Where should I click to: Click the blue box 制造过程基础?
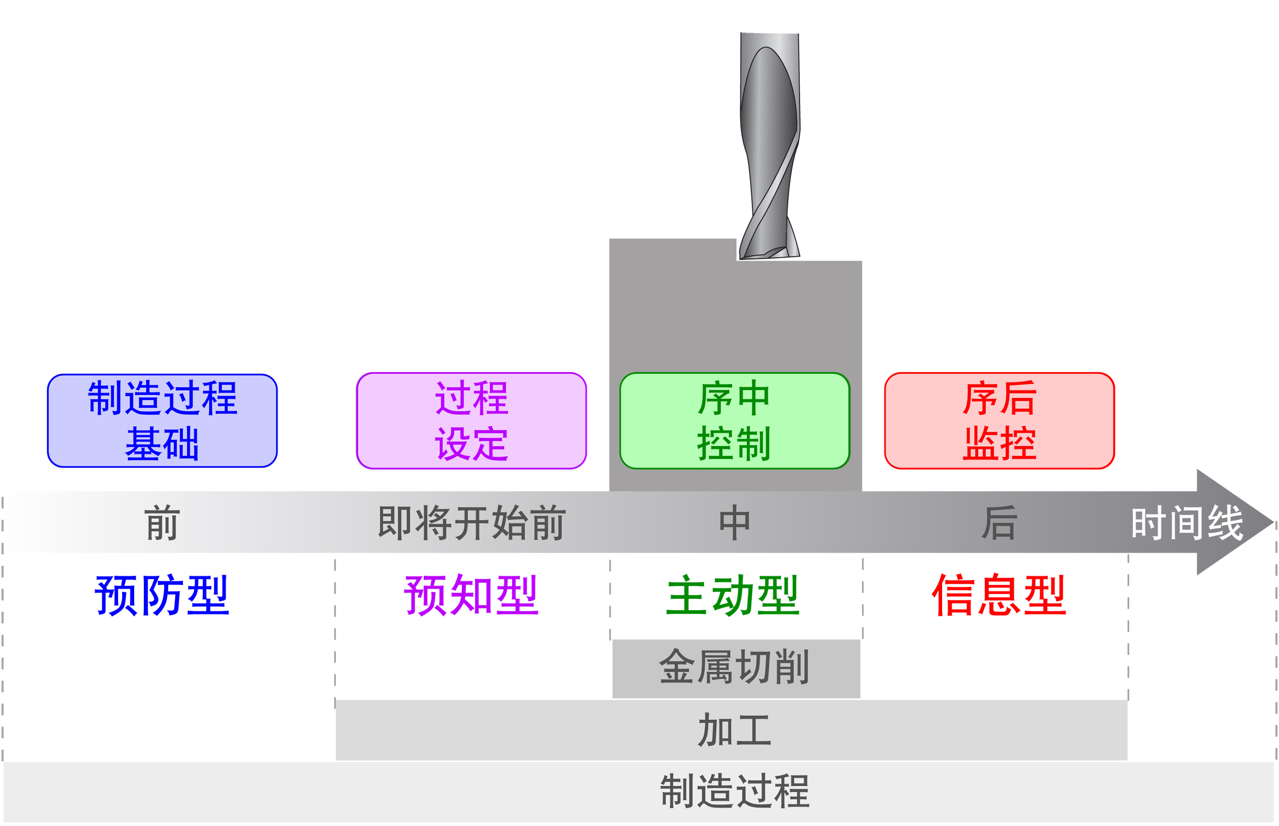[162, 421]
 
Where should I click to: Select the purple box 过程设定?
[471, 421]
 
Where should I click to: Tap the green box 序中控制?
[734, 421]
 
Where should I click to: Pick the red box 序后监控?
[999, 421]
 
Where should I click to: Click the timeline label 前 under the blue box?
[162, 523]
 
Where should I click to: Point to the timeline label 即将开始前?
[471, 523]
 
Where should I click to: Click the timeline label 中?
[734, 523]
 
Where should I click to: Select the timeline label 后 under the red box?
[999, 523]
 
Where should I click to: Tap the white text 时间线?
[1187, 523]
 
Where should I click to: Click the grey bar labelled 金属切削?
[736, 668]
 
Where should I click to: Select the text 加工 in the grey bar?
[734, 730]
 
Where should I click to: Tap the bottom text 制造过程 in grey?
[734, 791]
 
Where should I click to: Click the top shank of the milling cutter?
[770, 40]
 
